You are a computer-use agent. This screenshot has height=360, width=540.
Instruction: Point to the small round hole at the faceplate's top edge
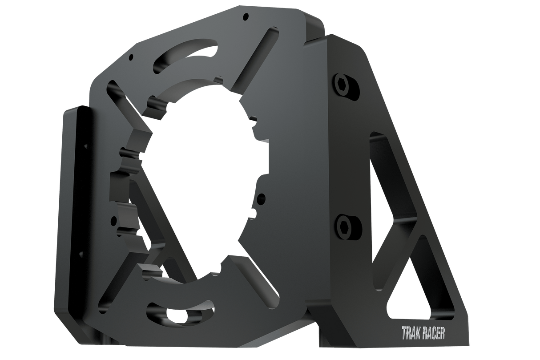tap(245, 18)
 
